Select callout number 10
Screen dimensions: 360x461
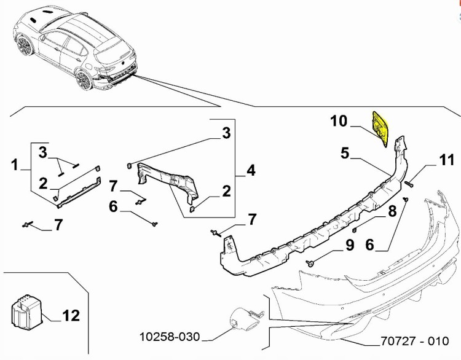339,121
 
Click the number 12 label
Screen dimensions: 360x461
71,316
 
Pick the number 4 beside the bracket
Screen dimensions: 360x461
251,169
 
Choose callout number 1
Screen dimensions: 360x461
14,165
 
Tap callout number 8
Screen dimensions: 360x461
391,213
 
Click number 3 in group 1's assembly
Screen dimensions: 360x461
44,151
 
